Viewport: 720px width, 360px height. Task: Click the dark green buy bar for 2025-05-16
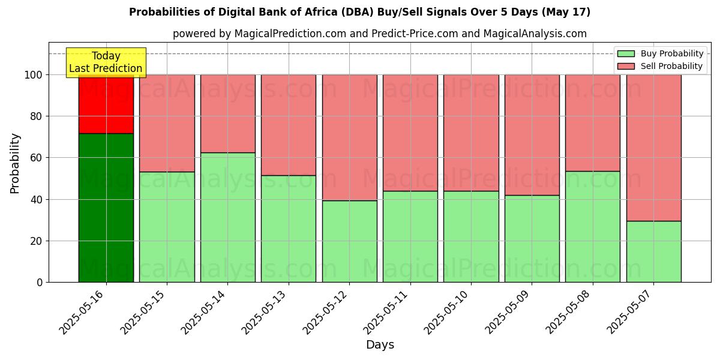[x=106, y=208]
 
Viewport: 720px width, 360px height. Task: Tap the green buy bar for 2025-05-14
[x=227, y=217]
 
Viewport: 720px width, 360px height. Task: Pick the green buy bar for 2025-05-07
[x=653, y=251]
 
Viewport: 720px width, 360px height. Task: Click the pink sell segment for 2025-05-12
[x=349, y=137]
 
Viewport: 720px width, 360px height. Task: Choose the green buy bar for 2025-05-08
[x=593, y=227]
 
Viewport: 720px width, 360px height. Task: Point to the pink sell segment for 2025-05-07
[x=653, y=148]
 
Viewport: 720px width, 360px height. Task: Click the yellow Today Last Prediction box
[x=106, y=62]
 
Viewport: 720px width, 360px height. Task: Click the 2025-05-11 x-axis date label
[x=388, y=311]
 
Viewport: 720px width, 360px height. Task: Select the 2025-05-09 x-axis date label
[x=509, y=311]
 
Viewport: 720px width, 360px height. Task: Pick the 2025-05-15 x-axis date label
[x=145, y=311]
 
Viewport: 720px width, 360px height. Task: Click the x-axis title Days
[x=380, y=345]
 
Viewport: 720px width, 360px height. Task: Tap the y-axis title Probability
[x=15, y=163]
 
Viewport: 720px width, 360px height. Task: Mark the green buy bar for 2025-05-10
[x=471, y=236]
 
